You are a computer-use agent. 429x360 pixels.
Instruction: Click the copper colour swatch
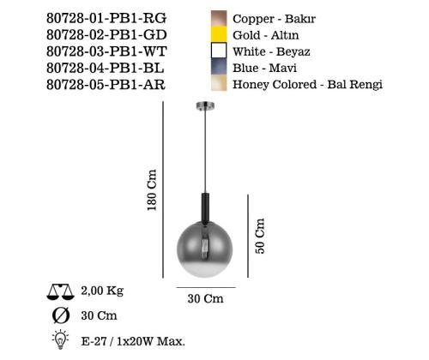[x=218, y=17]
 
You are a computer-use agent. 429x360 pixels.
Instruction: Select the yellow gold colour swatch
[x=218, y=34]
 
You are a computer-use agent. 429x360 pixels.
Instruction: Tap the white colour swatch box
[x=218, y=51]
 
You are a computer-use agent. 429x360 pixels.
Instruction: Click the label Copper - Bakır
[x=268, y=18]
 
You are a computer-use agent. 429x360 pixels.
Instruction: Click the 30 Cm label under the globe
[x=205, y=299]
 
